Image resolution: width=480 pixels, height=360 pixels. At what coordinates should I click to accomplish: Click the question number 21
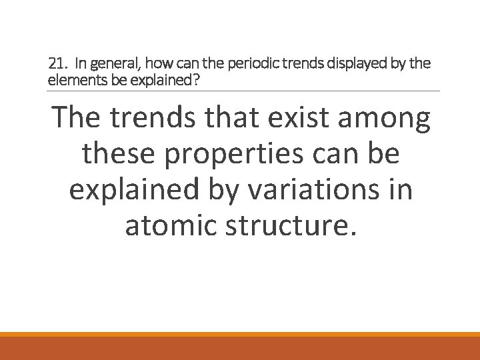click(57, 64)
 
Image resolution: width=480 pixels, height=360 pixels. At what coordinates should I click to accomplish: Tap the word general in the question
click(111, 65)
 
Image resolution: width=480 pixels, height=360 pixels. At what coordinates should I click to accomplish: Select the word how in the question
click(156, 64)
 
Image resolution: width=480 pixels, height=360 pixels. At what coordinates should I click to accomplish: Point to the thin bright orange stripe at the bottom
click(240, 335)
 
